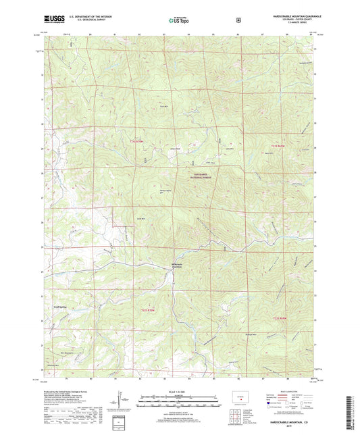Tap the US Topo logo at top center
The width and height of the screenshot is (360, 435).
179,20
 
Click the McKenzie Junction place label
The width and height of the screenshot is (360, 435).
177,265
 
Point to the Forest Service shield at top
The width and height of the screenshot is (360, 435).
238,20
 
